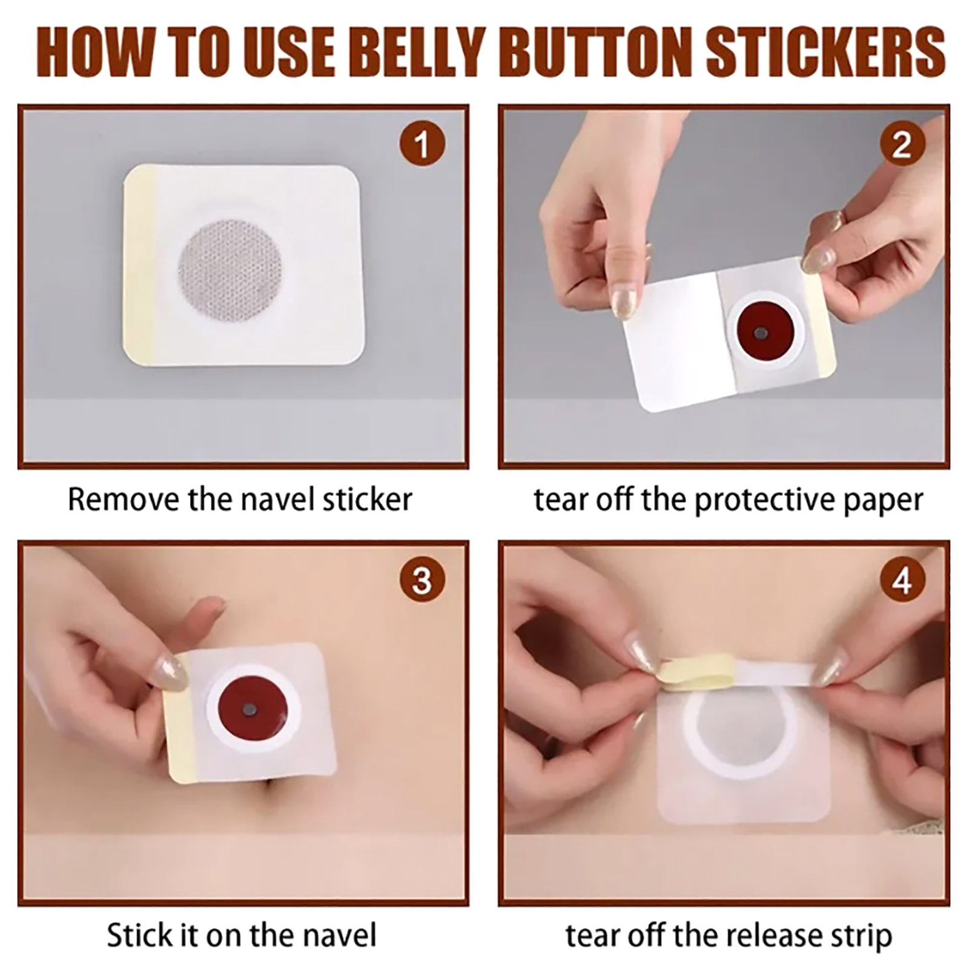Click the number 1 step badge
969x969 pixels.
pyautogui.click(x=422, y=144)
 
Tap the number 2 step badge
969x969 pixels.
pyautogui.click(x=902, y=144)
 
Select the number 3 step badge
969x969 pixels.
pyautogui.click(x=422, y=580)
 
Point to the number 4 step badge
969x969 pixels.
pyautogui.click(x=902, y=580)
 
